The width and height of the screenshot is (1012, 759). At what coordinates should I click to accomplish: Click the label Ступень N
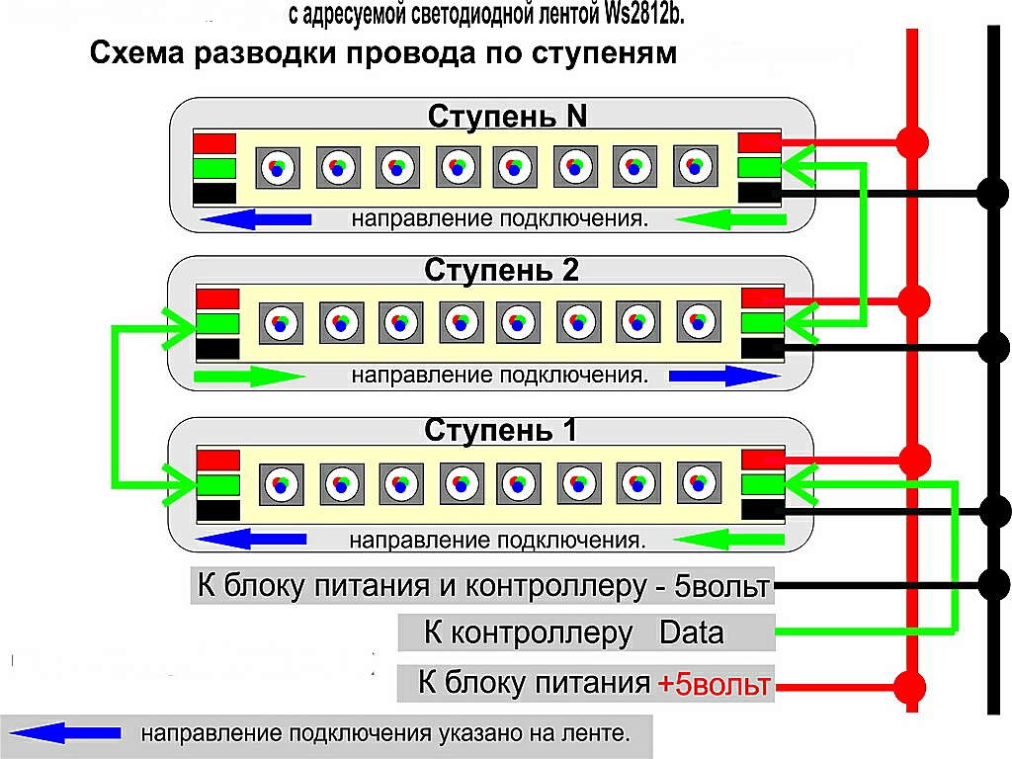coord(507,117)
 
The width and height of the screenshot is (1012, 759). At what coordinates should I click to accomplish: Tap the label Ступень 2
coord(501,270)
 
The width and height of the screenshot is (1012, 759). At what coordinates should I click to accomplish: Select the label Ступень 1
coord(500,431)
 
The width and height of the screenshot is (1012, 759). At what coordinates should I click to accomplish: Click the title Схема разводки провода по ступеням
coord(383,53)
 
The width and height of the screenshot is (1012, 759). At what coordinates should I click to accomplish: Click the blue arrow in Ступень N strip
coord(255,219)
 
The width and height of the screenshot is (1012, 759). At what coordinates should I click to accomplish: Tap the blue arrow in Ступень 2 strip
coord(724,376)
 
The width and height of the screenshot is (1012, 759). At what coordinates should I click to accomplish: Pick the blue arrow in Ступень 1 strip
coord(255,540)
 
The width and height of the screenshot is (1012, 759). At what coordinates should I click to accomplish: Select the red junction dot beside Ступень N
coord(913,141)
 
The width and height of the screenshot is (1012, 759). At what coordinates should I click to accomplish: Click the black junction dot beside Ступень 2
coord(991,346)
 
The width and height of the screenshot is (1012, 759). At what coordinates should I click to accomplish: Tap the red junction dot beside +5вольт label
coord(909,685)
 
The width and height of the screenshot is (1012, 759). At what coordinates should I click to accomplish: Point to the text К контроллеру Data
coord(573,632)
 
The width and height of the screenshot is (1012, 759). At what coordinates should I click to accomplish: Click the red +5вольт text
coord(714,684)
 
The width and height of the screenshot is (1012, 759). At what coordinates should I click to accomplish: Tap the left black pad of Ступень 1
coord(218,510)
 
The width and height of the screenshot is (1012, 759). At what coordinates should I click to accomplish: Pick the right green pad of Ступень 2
coord(761,322)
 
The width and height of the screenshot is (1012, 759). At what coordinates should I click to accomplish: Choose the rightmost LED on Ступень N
coord(694,165)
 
